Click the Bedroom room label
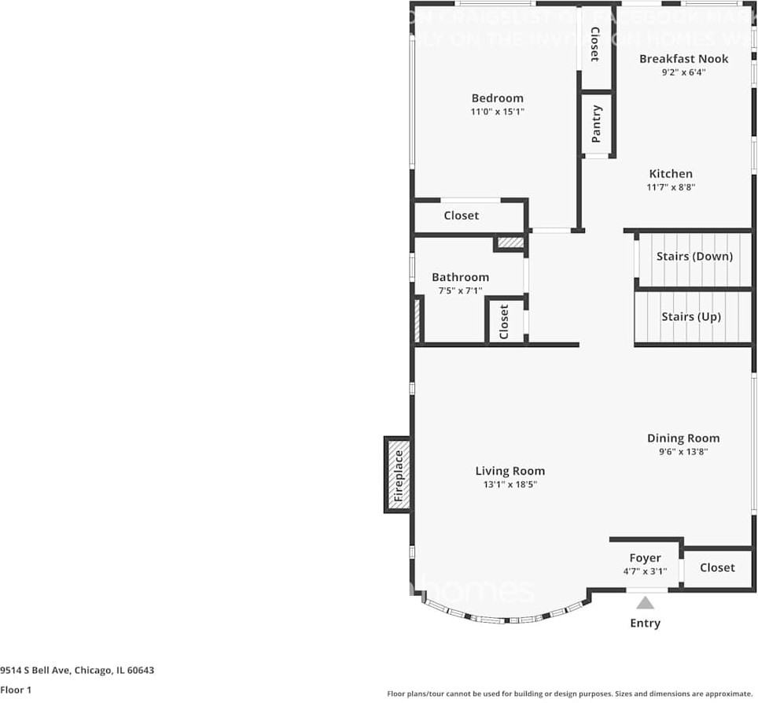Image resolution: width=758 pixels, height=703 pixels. click(x=497, y=98)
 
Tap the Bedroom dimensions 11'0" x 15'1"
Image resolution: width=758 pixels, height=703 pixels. click(x=497, y=112)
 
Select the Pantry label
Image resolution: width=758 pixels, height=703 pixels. click(x=597, y=124)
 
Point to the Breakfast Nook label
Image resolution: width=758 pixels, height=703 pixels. click(x=683, y=59)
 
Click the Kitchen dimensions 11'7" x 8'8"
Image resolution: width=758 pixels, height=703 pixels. click(x=671, y=187)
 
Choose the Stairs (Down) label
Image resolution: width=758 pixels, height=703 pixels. click(x=694, y=257)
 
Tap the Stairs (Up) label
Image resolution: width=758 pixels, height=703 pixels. click(x=691, y=317)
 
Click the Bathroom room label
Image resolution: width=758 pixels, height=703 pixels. click(x=460, y=277)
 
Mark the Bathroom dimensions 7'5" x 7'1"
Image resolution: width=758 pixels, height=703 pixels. click(x=460, y=290)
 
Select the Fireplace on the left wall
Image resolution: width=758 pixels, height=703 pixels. click(x=398, y=475)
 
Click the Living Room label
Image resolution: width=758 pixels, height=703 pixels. click(x=510, y=472)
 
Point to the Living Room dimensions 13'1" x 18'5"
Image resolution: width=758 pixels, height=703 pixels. click(x=510, y=485)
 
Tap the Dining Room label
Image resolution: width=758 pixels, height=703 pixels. click(x=683, y=438)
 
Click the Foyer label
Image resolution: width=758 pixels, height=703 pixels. click(x=645, y=559)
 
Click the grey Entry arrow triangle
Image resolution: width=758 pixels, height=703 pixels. click(x=646, y=603)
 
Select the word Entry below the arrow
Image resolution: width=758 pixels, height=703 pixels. click(x=646, y=623)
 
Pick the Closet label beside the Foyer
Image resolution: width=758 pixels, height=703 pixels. click(x=717, y=568)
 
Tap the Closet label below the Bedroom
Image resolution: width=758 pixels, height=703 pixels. click(x=461, y=216)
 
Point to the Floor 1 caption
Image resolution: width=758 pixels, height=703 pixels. click(x=16, y=690)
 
